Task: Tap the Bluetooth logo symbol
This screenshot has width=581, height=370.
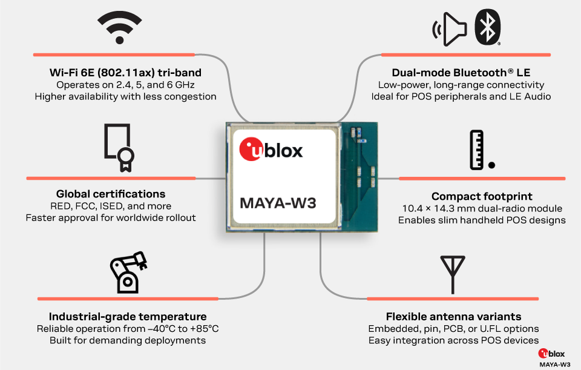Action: point(487,28)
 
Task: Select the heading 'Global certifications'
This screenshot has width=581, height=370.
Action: point(111,194)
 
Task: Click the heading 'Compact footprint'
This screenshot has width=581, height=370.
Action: point(482,196)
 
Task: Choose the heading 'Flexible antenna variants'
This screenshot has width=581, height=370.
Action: point(453,317)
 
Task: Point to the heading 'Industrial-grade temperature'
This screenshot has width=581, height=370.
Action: point(128,317)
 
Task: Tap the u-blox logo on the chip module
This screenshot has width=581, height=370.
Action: point(271,150)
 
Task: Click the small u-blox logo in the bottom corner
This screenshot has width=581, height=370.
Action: point(555,354)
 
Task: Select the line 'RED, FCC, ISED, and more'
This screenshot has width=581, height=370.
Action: point(111,206)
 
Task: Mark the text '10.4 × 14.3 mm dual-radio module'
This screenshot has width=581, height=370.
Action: point(482,208)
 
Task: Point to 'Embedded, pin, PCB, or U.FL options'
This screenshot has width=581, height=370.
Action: point(453,329)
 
